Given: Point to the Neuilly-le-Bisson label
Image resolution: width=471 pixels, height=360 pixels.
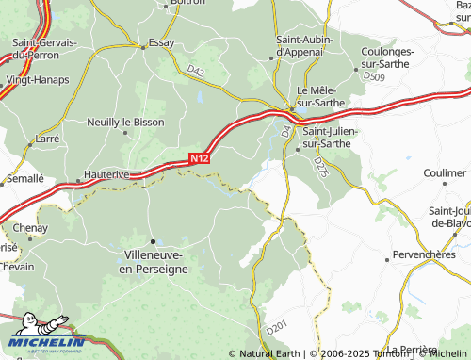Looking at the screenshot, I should pos(125,123).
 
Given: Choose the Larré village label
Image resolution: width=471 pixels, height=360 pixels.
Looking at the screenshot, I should pos(46,138).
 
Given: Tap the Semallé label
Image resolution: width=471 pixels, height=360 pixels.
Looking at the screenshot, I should pos(24,178).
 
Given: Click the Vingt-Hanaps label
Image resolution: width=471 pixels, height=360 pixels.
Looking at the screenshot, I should pos(38,80).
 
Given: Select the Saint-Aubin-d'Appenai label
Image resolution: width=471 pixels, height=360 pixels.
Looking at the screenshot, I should pos(304,46).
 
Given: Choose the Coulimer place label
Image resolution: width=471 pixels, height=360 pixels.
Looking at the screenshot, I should pos(445,174).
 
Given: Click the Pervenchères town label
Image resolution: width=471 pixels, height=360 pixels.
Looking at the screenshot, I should pos(422,256).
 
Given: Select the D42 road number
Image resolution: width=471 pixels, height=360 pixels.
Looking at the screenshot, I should pos(195,72).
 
